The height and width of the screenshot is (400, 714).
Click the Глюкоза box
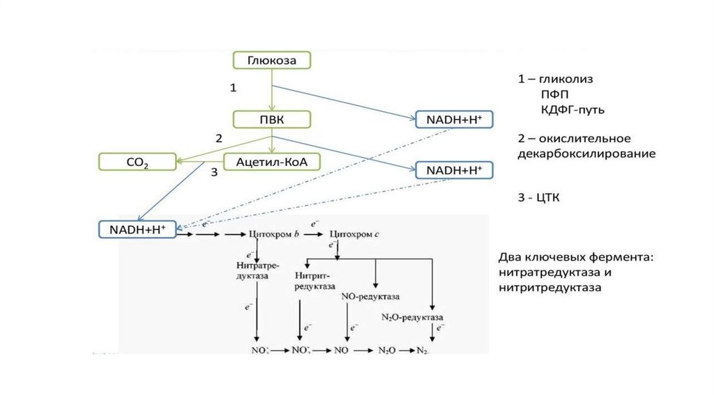click(x=271, y=61)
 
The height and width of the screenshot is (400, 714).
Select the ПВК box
click(x=271, y=119)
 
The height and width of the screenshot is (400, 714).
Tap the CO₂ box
click(x=137, y=162)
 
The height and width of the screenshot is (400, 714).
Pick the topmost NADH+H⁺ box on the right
click(x=453, y=119)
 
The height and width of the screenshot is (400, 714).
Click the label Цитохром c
click(x=354, y=235)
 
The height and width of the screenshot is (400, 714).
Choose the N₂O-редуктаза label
click(x=413, y=317)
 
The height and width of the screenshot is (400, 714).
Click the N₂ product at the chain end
click(x=422, y=349)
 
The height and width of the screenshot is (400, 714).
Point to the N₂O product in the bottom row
click(x=387, y=349)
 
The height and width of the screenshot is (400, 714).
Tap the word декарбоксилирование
click(x=586, y=153)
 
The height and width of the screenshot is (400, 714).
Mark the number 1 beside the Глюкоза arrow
click(x=234, y=88)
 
